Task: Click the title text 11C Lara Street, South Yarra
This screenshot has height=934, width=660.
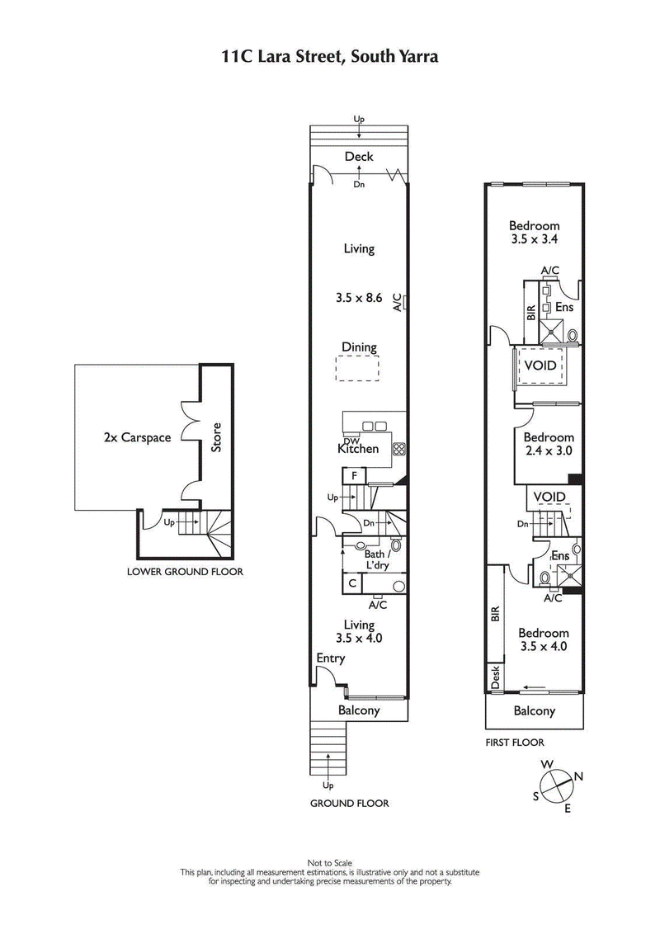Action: tap(329, 57)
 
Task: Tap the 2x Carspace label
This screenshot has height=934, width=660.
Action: tap(137, 437)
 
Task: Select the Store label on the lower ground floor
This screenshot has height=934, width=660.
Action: tap(217, 437)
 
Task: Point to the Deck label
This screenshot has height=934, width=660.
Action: tap(359, 157)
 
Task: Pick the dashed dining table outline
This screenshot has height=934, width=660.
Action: tap(359, 368)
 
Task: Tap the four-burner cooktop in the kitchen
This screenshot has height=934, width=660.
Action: tap(399, 449)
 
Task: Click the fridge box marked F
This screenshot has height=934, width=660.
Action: tap(354, 476)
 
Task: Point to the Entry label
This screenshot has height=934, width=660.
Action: tap(330, 658)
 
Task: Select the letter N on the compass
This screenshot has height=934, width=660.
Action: tap(579, 776)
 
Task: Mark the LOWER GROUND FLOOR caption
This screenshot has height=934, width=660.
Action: tap(185, 571)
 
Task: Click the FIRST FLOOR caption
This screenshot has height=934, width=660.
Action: tap(514, 743)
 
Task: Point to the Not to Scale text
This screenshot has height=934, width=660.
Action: tap(329, 863)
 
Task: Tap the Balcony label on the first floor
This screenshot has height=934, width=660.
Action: tap(535, 711)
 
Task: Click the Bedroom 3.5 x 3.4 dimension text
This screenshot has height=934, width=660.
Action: tap(534, 240)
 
